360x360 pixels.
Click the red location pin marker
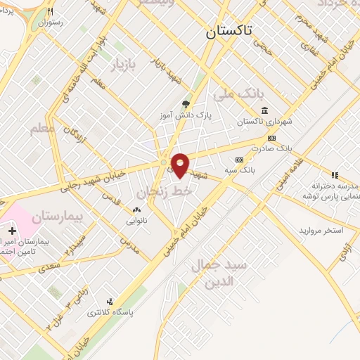pyautogui.click(x=180, y=165)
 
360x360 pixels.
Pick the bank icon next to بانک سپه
pyautogui.click(x=238, y=160)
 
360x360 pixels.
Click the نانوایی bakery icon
pyautogui.click(x=136, y=210)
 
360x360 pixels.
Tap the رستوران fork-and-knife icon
pyautogui.click(x=50, y=12)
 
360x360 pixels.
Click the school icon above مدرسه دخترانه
pyautogui.click(x=335, y=175)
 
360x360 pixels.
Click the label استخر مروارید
pyautogui.click(x=321, y=231)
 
